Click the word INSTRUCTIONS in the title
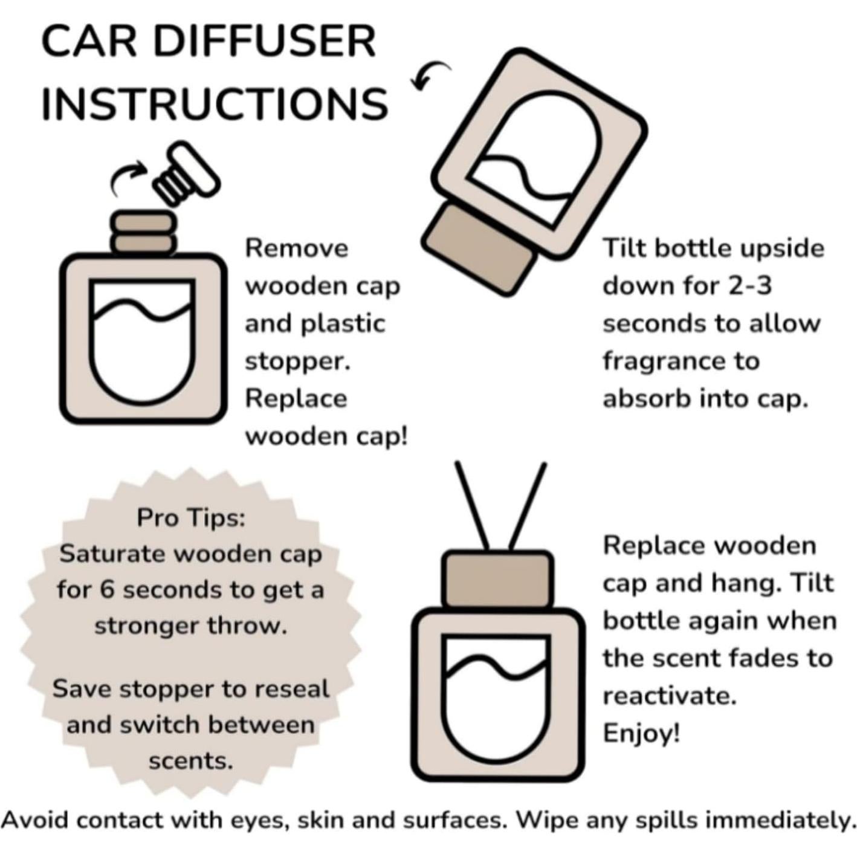[x=215, y=103]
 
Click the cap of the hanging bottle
[x=499, y=580]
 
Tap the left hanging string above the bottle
[x=473, y=506]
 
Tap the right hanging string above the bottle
[x=528, y=506]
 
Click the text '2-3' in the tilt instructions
[x=749, y=285]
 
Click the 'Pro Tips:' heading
[x=191, y=518]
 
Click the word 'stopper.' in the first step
[x=297, y=361]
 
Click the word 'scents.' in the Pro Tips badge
[x=191, y=762]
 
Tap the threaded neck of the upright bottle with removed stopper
[x=143, y=233]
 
